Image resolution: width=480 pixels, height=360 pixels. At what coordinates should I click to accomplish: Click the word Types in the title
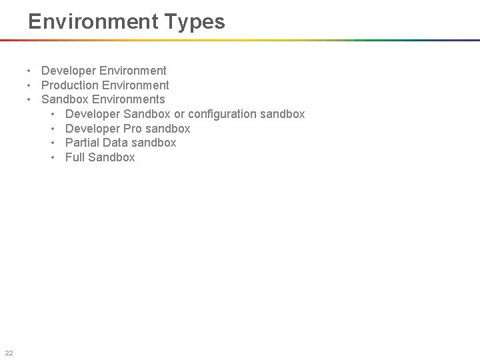(x=193, y=22)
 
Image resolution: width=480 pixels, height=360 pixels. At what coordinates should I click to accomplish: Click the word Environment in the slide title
(x=91, y=22)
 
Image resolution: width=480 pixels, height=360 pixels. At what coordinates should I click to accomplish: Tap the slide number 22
(x=9, y=353)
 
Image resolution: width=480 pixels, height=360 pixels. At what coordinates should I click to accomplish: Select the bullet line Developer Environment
(x=103, y=71)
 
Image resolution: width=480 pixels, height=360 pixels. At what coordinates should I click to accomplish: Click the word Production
(x=69, y=85)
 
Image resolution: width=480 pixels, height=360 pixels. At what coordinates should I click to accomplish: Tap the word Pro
(x=133, y=129)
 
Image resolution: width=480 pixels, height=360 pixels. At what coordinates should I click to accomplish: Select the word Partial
(x=83, y=143)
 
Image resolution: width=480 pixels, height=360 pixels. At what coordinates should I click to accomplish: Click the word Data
(x=116, y=143)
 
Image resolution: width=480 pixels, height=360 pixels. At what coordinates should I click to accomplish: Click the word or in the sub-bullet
(x=179, y=114)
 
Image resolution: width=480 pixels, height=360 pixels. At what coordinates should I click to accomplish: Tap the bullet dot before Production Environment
(x=30, y=85)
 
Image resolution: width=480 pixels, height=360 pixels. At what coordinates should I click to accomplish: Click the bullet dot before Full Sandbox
(x=54, y=157)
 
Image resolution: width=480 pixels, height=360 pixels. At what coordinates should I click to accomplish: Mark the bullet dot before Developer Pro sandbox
(x=54, y=129)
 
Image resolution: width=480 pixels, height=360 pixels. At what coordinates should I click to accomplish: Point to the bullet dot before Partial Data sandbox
(x=54, y=143)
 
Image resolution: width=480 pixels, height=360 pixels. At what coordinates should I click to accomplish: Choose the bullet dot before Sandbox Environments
(x=30, y=99)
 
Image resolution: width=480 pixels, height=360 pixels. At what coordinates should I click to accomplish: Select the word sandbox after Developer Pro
(x=167, y=129)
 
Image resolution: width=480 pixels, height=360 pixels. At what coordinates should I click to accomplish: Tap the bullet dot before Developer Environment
(x=30, y=71)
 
